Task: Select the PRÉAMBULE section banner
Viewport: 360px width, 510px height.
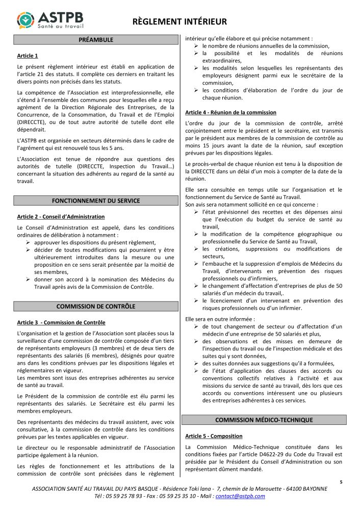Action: (96, 40)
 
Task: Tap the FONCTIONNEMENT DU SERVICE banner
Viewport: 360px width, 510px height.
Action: (96, 200)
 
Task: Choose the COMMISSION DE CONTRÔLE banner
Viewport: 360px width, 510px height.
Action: (96, 306)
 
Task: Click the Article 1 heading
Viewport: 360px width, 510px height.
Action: (28, 56)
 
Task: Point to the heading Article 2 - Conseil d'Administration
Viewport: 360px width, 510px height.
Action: (61, 217)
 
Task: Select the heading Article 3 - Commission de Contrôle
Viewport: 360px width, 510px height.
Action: (61, 323)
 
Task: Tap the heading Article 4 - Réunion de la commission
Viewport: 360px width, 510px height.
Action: (230, 112)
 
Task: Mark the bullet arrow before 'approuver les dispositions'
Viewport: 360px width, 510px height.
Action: (30, 243)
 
